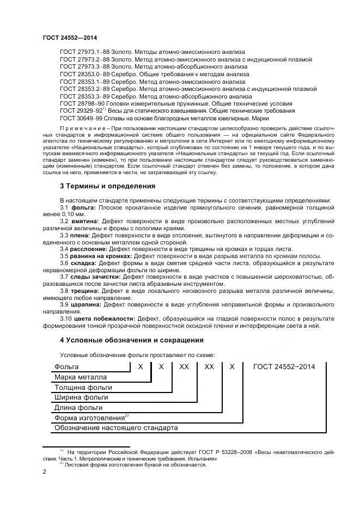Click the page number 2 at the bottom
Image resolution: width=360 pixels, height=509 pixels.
click(45, 472)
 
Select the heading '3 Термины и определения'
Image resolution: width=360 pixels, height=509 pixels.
click(107, 186)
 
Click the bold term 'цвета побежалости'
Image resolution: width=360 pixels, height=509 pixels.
click(103, 318)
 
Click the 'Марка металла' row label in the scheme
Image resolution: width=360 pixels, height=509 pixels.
click(80, 377)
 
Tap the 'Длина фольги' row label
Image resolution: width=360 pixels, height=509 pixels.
click(78, 407)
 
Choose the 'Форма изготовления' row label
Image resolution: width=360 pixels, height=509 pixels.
click(89, 418)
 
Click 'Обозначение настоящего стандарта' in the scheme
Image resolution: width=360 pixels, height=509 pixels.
click(116, 428)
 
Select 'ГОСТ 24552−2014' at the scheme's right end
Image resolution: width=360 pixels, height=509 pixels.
click(286, 367)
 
